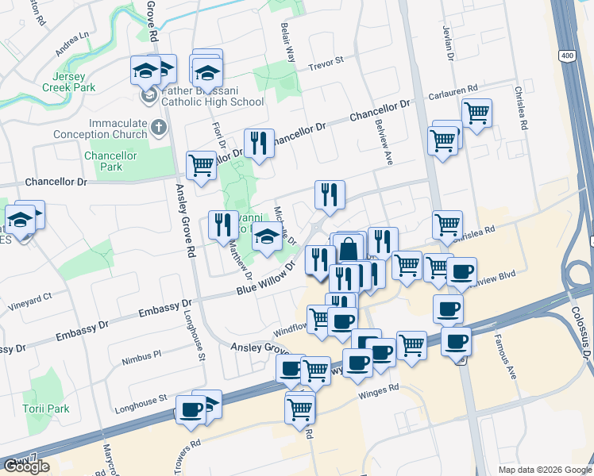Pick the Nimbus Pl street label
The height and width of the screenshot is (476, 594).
click(x=141, y=355)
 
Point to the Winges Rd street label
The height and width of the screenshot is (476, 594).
click(x=377, y=390)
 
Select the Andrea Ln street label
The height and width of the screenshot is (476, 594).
click(x=72, y=45)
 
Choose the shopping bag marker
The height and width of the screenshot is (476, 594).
click(x=349, y=248)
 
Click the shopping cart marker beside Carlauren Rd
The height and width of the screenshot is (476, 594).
click(x=476, y=113)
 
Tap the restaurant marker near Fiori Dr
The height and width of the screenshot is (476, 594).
click(x=259, y=143)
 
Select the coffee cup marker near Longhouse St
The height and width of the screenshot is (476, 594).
click(x=191, y=409)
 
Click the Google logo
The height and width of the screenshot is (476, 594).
click(x=26, y=466)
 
